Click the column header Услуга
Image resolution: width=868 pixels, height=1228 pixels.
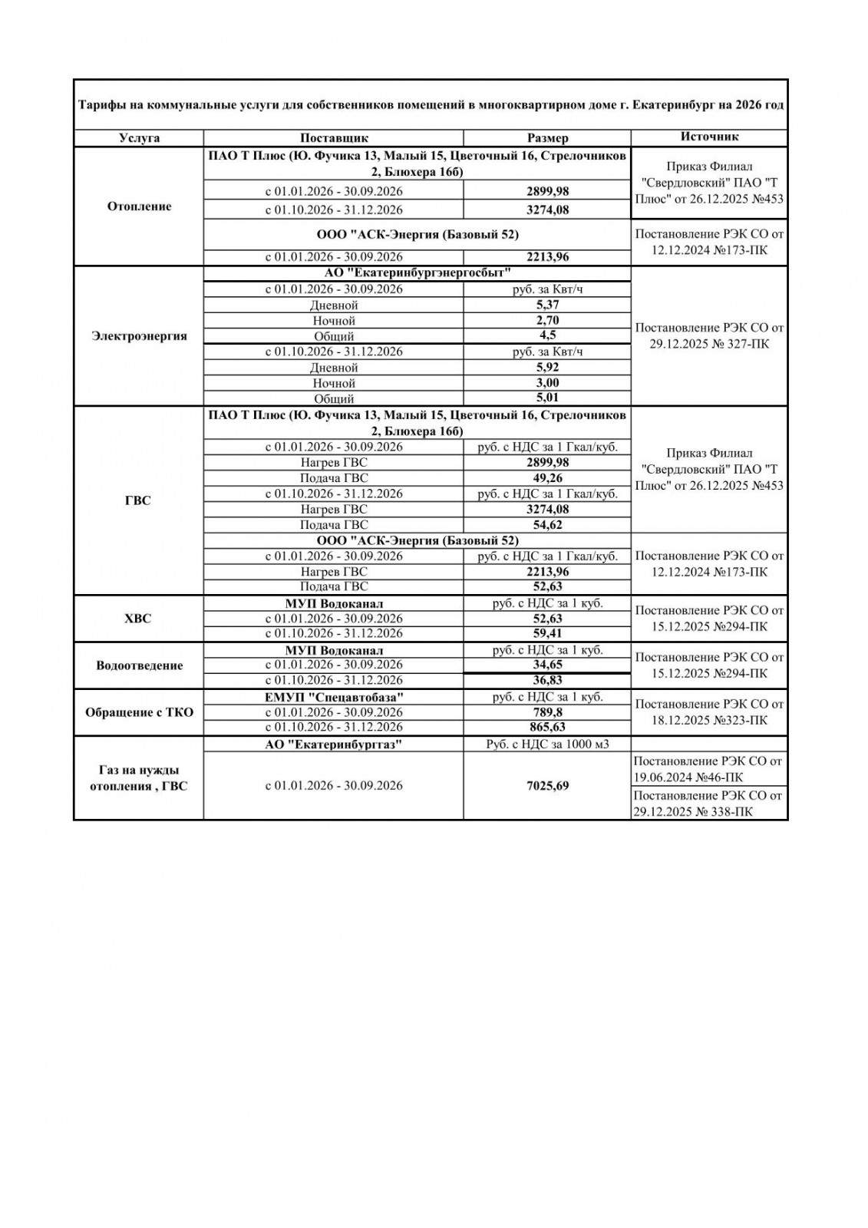pyautogui.click(x=139, y=138)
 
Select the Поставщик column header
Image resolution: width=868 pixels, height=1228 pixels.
pyautogui.click(x=334, y=138)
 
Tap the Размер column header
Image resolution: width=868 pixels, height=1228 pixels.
pyautogui.click(x=547, y=138)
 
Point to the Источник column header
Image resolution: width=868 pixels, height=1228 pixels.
pyautogui.click(x=709, y=137)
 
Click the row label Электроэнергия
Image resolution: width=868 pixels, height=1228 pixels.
pyautogui.click(x=139, y=336)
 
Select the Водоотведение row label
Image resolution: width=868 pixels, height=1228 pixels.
pyautogui.click(x=139, y=665)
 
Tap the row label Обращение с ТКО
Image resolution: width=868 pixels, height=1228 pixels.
pyautogui.click(x=139, y=712)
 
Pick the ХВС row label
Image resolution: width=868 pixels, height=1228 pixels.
pyautogui.click(x=139, y=619)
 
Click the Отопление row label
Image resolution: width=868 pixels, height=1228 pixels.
pyautogui.click(x=139, y=206)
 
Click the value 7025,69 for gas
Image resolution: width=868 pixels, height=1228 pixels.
pyautogui.click(x=547, y=786)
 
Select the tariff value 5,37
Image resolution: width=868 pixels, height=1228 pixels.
pyautogui.click(x=547, y=305)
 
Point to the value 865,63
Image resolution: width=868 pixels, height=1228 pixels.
pyautogui.click(x=547, y=727)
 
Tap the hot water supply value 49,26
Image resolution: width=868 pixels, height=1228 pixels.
pyautogui.click(x=547, y=477)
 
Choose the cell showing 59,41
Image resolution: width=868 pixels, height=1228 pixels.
pyautogui.click(x=547, y=633)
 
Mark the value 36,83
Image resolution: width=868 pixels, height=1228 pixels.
pyautogui.click(x=547, y=680)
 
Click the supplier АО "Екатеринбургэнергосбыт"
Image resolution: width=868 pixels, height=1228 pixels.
pyautogui.click(x=417, y=273)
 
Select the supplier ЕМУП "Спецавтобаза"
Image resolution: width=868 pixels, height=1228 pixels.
pyautogui.click(x=334, y=697)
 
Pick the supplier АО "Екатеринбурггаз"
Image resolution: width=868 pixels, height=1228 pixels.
pyautogui.click(x=334, y=744)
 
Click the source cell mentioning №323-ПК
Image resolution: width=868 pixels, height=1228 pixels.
pyautogui.click(x=709, y=712)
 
